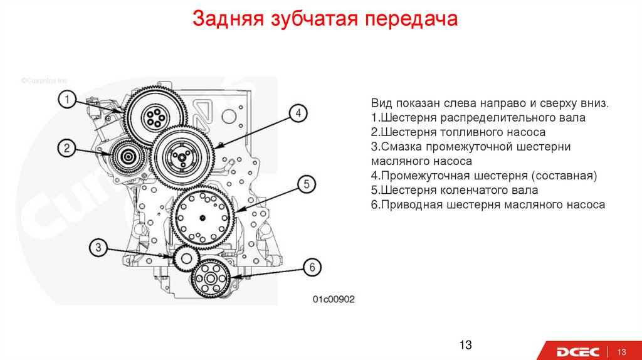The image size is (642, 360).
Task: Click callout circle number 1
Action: (68, 99)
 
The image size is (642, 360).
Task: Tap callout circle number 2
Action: (68, 148)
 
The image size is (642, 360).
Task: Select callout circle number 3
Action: (98, 247)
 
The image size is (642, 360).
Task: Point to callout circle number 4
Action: (299, 113)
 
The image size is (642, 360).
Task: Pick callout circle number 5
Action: (307, 184)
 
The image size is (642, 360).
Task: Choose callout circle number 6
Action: (312, 267)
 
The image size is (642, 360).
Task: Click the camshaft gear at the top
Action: (154, 114)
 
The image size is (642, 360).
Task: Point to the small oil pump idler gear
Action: (186, 258)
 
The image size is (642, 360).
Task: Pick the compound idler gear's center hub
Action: (179, 156)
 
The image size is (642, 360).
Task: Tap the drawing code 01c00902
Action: (334, 299)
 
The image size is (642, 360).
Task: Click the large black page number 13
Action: (465, 345)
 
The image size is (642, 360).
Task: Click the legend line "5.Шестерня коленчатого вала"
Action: (454, 190)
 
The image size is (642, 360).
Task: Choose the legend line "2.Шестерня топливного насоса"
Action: (458, 132)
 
